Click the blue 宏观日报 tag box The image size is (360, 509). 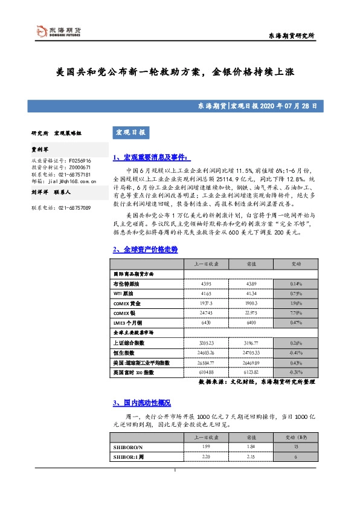pos(130,132)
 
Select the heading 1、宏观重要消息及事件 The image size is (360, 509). pos(151,158)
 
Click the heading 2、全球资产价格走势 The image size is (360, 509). pos(145,249)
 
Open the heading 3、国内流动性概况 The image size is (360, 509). pos(143,402)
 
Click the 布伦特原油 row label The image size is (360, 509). pos(126,284)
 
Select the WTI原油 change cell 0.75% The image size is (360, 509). pos(296,293)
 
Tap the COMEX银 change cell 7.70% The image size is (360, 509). pos(296,313)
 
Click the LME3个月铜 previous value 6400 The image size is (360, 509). pos(251,323)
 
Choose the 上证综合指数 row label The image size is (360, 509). pos(130,342)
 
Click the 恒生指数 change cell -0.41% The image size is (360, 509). pos(296,352)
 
